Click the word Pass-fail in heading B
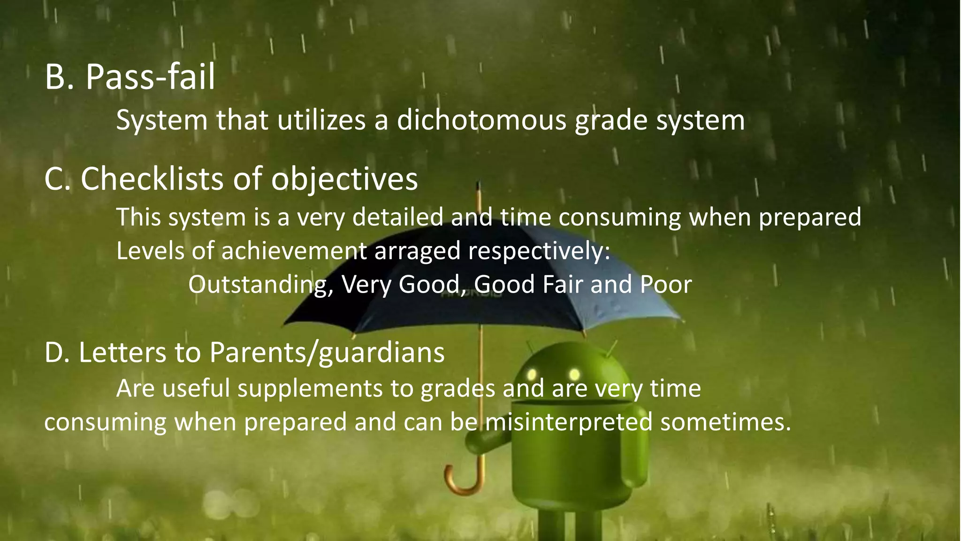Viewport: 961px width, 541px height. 150,77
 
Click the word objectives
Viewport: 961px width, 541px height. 344,179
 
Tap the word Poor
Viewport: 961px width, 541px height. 666,285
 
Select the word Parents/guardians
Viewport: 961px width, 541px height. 327,353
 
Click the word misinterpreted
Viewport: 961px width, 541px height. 568,422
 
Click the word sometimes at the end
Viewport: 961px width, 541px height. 725,422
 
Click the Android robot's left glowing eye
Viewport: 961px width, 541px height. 532,374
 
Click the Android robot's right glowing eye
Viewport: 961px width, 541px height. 574,374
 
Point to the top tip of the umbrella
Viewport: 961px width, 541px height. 478,184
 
